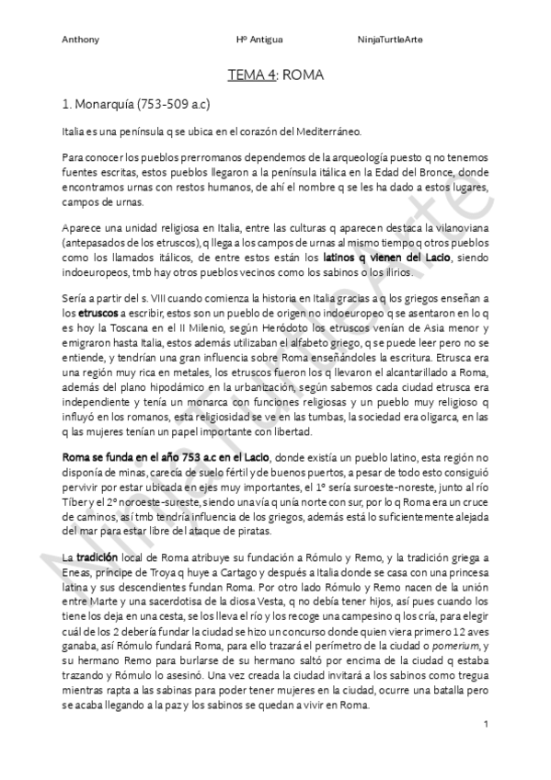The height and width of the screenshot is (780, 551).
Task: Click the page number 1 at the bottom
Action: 485,727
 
